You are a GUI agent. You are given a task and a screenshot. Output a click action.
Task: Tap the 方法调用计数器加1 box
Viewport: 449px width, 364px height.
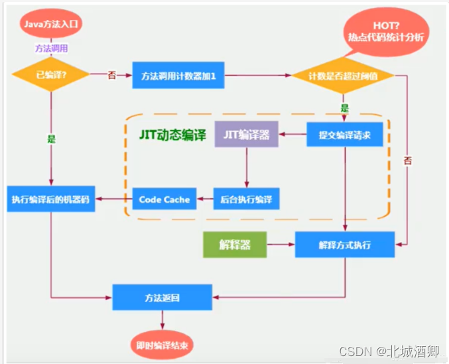click(174, 76)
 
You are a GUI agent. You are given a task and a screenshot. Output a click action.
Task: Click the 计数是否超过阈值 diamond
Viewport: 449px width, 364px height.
click(344, 76)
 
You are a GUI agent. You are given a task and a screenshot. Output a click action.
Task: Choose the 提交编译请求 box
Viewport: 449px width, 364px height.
click(344, 135)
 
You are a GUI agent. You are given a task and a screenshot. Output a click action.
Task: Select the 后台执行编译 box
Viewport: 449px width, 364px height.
click(246, 199)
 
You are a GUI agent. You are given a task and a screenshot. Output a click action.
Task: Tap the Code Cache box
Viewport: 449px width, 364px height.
click(164, 199)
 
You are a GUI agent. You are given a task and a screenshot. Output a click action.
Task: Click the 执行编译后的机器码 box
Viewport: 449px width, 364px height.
click(52, 199)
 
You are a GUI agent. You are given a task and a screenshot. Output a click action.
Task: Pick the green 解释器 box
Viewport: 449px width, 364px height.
click(234, 245)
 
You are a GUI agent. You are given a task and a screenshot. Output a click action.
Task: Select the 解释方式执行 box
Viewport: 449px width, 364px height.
click(344, 245)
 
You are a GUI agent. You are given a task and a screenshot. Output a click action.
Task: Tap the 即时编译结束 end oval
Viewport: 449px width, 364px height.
click(162, 344)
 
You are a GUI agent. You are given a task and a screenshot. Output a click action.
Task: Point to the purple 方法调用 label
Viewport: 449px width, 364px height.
click(50, 48)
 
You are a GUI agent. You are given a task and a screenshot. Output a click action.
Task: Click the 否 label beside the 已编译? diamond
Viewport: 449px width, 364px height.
click(111, 75)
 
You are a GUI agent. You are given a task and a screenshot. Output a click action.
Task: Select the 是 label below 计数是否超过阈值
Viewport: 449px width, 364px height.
click(345, 107)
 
